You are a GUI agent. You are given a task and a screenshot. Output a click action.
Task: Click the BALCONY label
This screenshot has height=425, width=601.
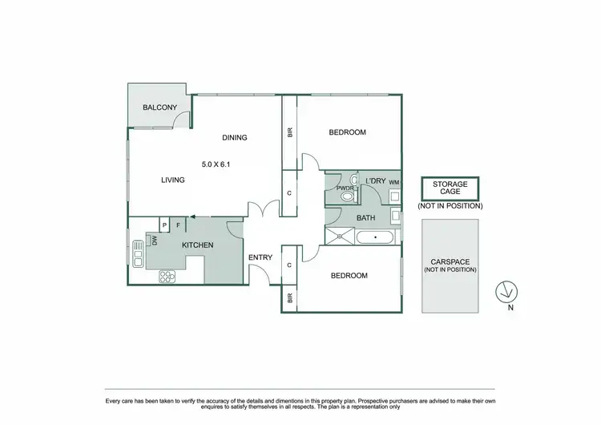click(159, 107)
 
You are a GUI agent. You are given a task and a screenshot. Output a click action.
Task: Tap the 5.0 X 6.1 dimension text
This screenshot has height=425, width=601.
click(216, 164)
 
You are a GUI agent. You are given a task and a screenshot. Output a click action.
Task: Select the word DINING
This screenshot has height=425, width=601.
click(234, 137)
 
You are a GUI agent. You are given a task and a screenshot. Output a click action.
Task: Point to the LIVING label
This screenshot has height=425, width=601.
click(172, 180)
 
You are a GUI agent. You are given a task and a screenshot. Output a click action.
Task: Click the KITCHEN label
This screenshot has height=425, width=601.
click(197, 245)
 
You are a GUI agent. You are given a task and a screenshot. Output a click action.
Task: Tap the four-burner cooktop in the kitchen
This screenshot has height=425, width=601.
click(167, 276)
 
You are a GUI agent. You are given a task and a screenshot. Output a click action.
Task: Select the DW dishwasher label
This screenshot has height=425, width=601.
click(154, 241)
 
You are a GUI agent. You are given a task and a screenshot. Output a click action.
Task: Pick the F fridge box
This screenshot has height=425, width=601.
click(178, 225)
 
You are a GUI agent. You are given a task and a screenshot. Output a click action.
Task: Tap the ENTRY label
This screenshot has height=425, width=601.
click(260, 257)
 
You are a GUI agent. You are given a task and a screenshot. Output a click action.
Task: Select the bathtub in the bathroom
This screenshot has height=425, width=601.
click(373, 237)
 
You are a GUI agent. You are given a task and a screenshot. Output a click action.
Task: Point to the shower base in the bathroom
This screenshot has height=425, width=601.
click(339, 236)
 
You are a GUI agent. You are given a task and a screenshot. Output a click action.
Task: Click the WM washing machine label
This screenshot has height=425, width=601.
click(393, 182)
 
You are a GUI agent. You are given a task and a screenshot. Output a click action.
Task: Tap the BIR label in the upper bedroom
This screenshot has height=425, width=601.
click(289, 132)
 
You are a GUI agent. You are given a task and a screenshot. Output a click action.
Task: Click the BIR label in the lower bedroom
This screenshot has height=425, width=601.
click(289, 297)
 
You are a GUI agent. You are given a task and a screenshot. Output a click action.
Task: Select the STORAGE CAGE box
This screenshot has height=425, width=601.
click(450, 188)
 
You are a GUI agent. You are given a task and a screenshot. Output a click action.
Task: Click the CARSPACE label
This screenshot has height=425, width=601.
click(450, 261)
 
